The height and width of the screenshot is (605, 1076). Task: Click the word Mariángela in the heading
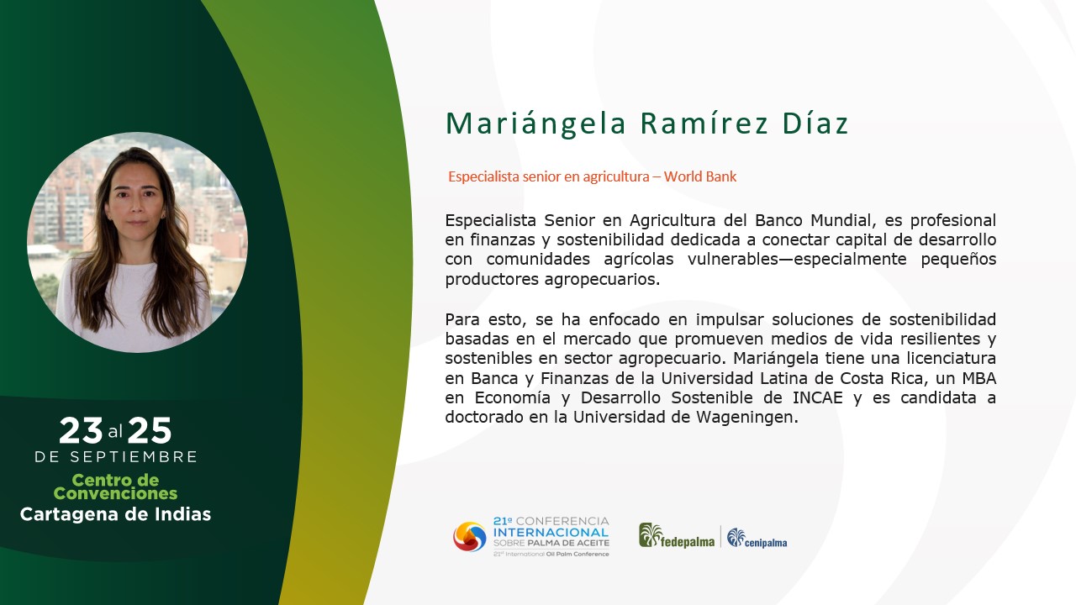(x=536, y=124)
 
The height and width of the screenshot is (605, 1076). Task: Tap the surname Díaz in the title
(x=815, y=123)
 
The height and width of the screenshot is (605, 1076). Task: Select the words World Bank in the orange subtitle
(x=700, y=176)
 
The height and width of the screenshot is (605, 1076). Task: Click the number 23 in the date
(x=81, y=430)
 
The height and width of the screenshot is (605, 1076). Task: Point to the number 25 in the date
(x=150, y=430)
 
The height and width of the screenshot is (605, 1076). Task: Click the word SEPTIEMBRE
(x=134, y=456)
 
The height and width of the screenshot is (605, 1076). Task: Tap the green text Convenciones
(x=115, y=493)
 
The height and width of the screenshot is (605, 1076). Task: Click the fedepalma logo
(x=677, y=536)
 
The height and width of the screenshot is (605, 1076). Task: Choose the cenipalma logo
(x=757, y=538)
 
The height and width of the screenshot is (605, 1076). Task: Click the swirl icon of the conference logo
(x=470, y=536)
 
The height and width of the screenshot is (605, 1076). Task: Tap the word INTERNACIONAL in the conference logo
(x=551, y=533)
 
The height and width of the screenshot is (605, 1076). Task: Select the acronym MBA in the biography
(x=979, y=378)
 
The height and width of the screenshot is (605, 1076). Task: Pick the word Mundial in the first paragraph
(x=841, y=220)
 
